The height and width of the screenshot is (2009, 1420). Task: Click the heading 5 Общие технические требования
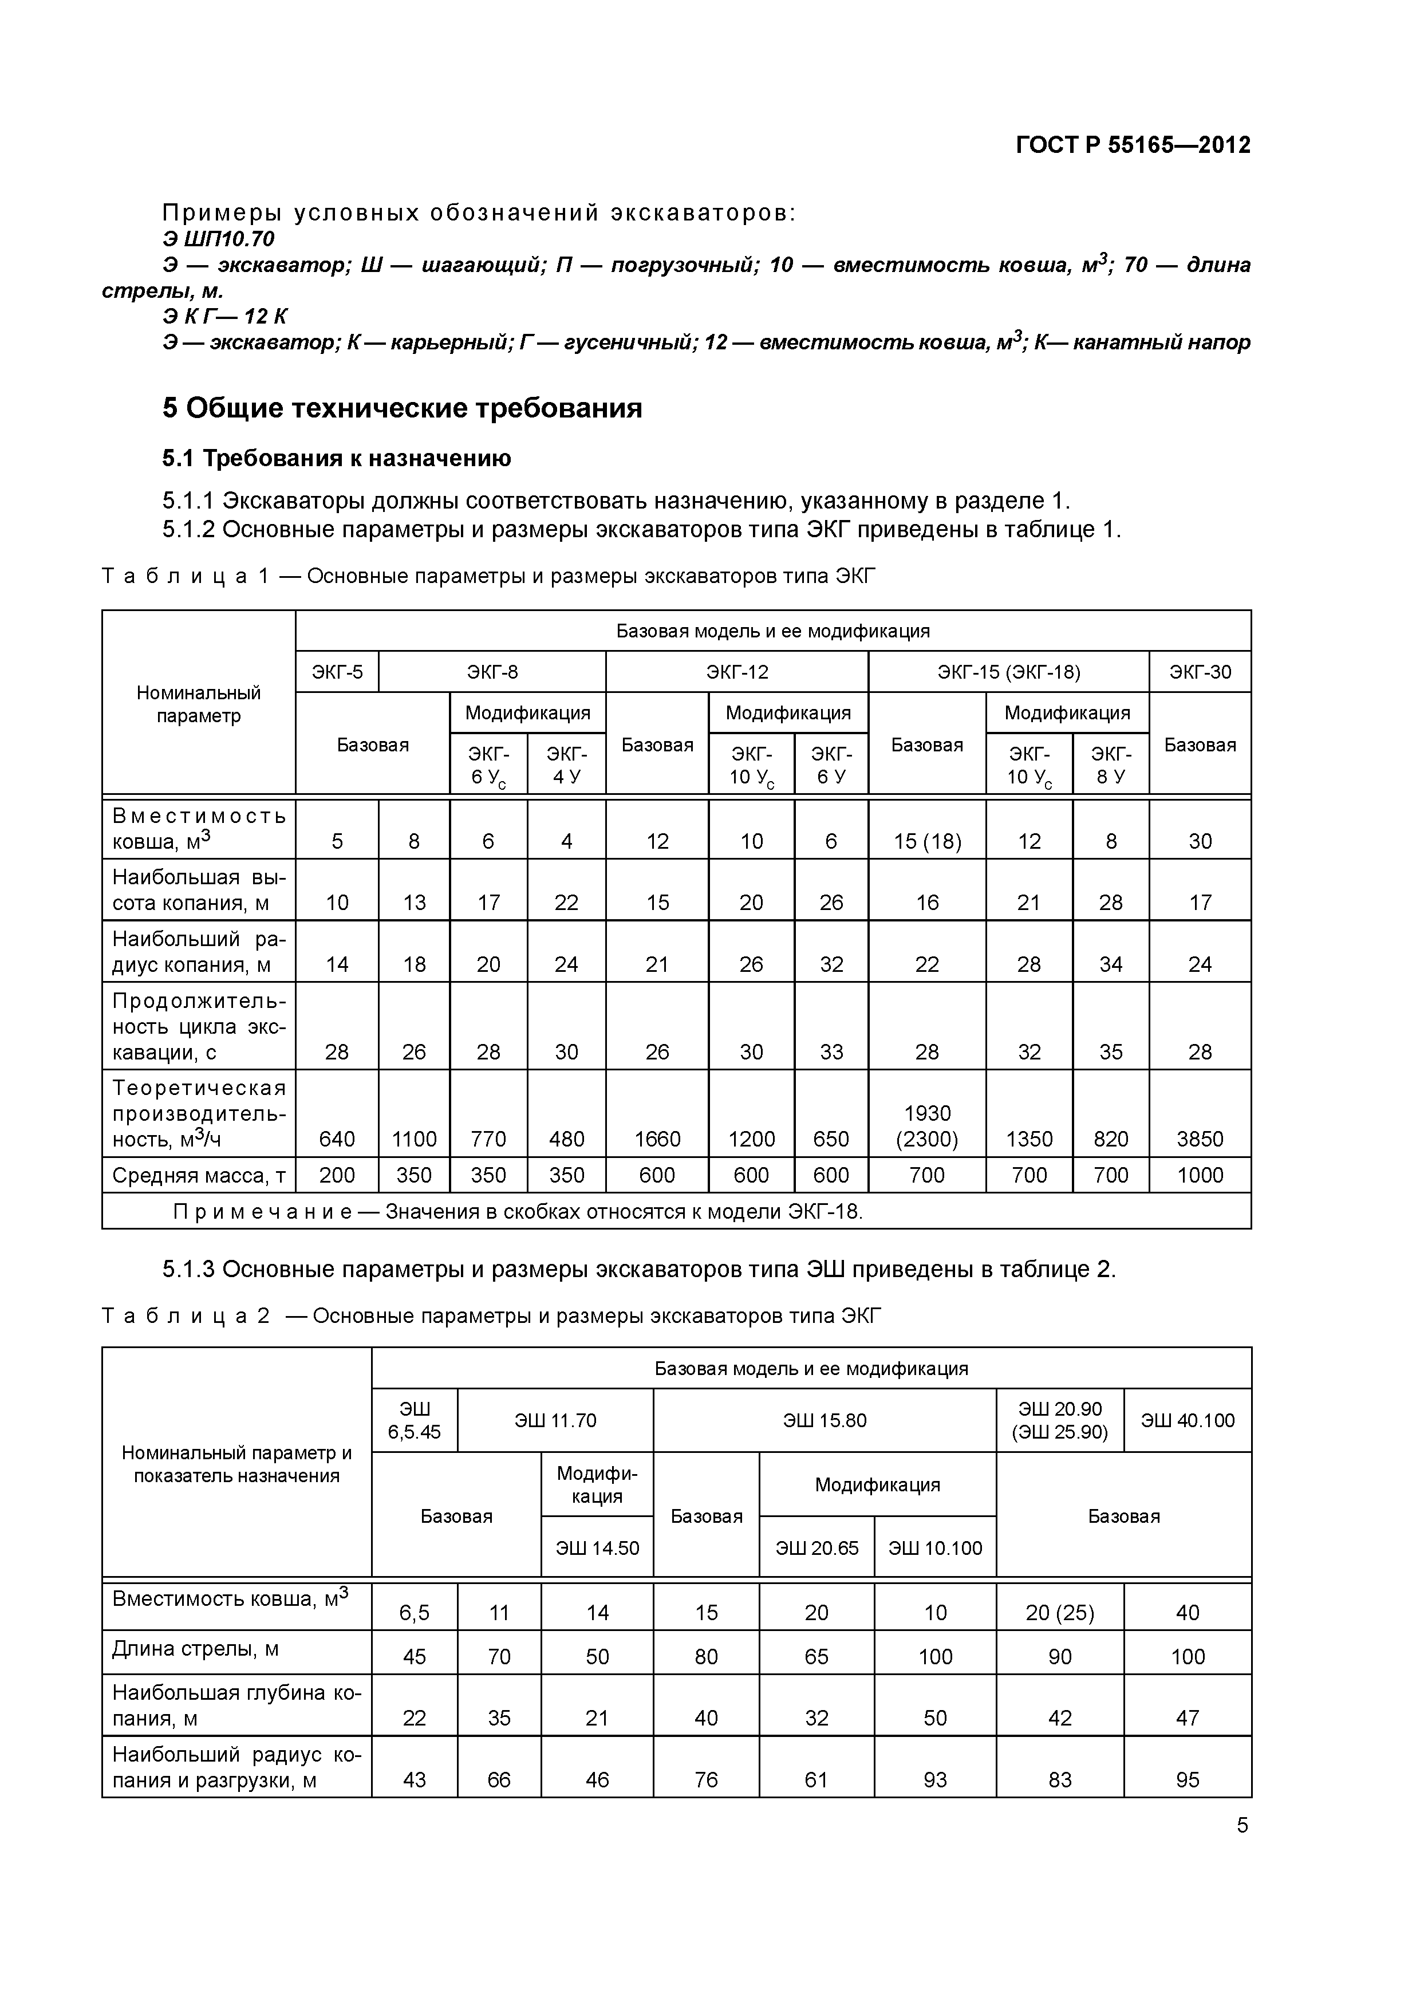tap(403, 409)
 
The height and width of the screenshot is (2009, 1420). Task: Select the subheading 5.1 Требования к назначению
tap(337, 459)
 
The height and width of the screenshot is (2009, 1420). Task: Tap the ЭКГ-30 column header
tap(1200, 672)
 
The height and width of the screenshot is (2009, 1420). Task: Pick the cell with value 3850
tap(1200, 1139)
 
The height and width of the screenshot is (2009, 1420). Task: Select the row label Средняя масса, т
tap(199, 1175)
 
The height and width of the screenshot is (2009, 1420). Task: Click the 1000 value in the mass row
tap(1200, 1175)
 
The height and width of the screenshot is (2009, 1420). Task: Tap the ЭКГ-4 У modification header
tap(566, 765)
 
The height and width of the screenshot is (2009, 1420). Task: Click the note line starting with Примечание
tap(518, 1212)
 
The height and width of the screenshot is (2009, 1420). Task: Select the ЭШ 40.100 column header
tap(1188, 1420)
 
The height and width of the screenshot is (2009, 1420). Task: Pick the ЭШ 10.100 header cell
tap(934, 1548)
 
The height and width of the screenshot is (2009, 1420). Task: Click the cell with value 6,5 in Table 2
tap(414, 1613)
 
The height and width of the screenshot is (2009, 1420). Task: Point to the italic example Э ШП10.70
tap(219, 239)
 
